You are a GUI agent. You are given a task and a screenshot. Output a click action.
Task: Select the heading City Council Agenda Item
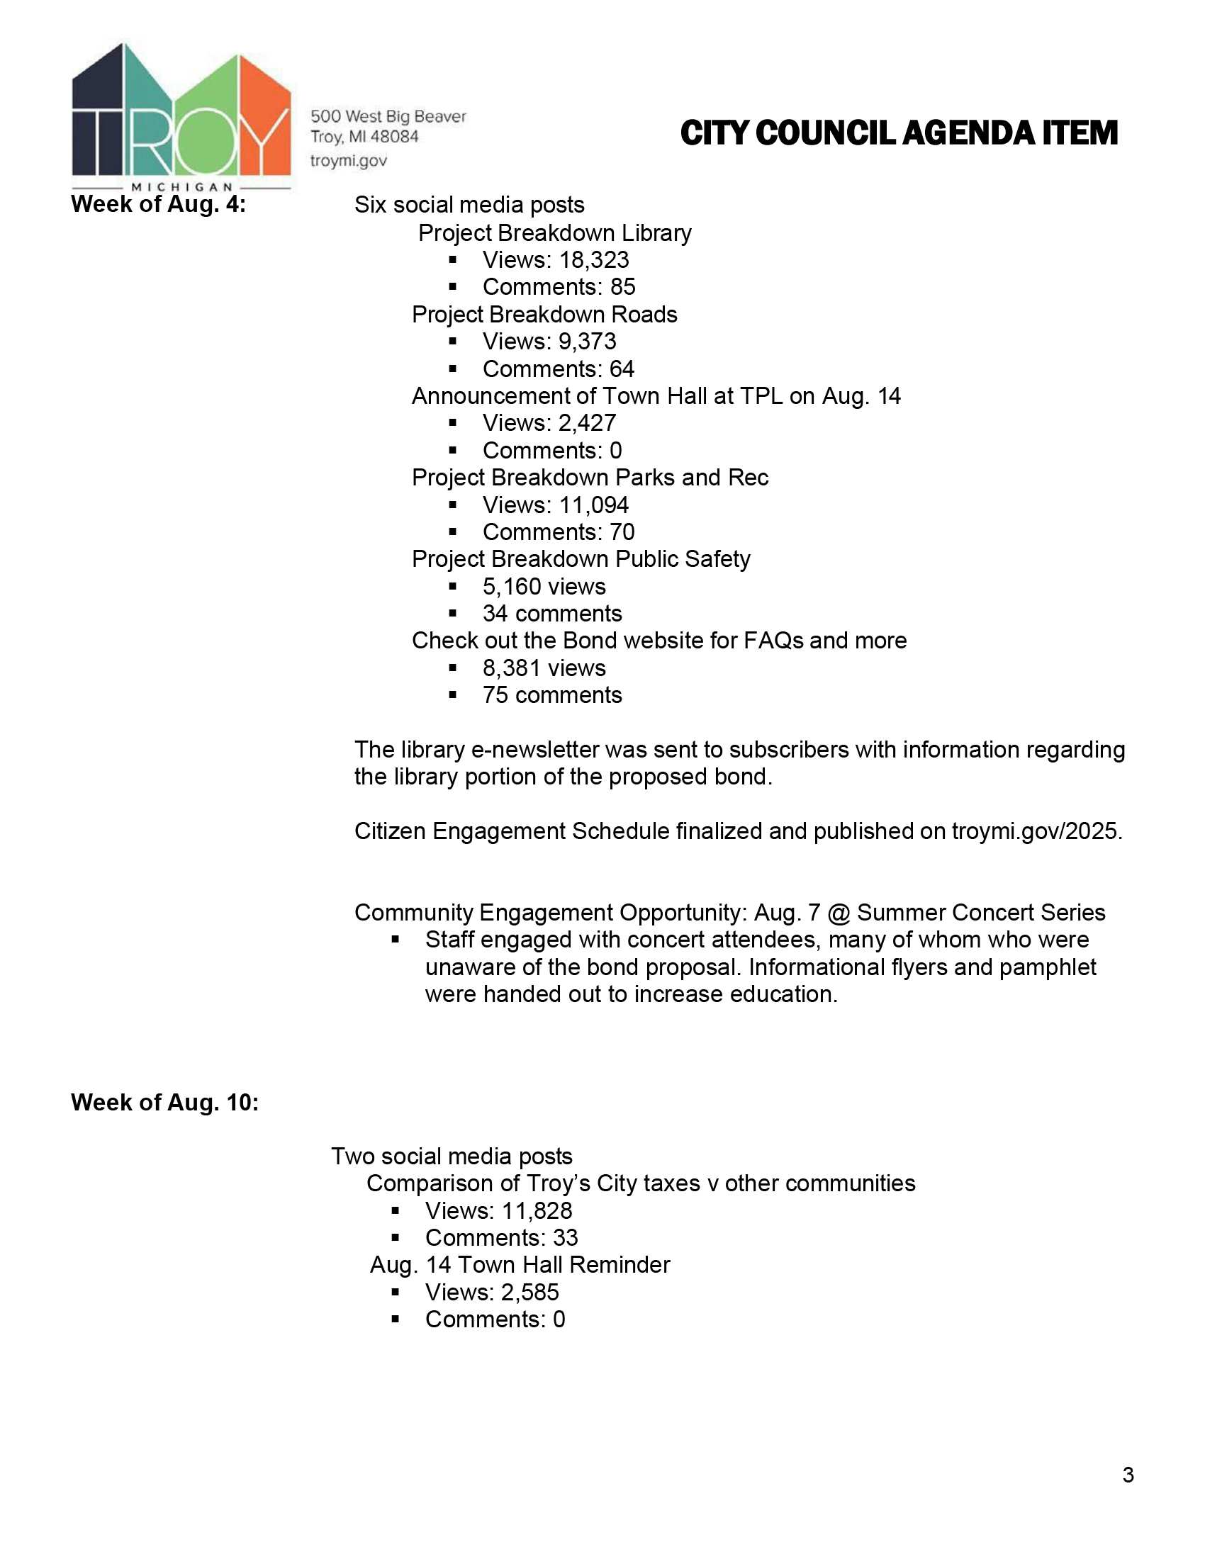(x=899, y=133)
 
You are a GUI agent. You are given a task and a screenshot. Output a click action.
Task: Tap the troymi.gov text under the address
(x=348, y=161)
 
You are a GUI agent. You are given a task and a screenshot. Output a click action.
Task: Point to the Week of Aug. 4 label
(x=158, y=205)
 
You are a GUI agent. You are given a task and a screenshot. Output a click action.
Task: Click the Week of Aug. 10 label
(x=164, y=1102)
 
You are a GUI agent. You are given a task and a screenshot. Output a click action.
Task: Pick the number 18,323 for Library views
(x=594, y=260)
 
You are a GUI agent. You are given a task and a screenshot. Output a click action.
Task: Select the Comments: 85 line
(x=559, y=287)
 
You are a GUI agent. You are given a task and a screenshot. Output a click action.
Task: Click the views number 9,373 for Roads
(x=587, y=342)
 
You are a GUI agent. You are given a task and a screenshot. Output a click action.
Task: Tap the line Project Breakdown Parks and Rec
(x=590, y=478)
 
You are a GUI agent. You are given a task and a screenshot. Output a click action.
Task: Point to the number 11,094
(x=594, y=505)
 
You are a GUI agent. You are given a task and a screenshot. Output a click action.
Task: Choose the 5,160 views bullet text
(x=544, y=587)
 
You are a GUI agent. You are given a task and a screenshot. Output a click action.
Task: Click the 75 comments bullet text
(x=551, y=695)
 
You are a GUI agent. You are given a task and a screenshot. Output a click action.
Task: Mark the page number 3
(x=1128, y=1475)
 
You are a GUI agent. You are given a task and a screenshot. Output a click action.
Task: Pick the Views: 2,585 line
(x=492, y=1292)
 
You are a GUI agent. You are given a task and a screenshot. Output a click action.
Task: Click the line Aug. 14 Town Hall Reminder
(x=520, y=1265)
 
